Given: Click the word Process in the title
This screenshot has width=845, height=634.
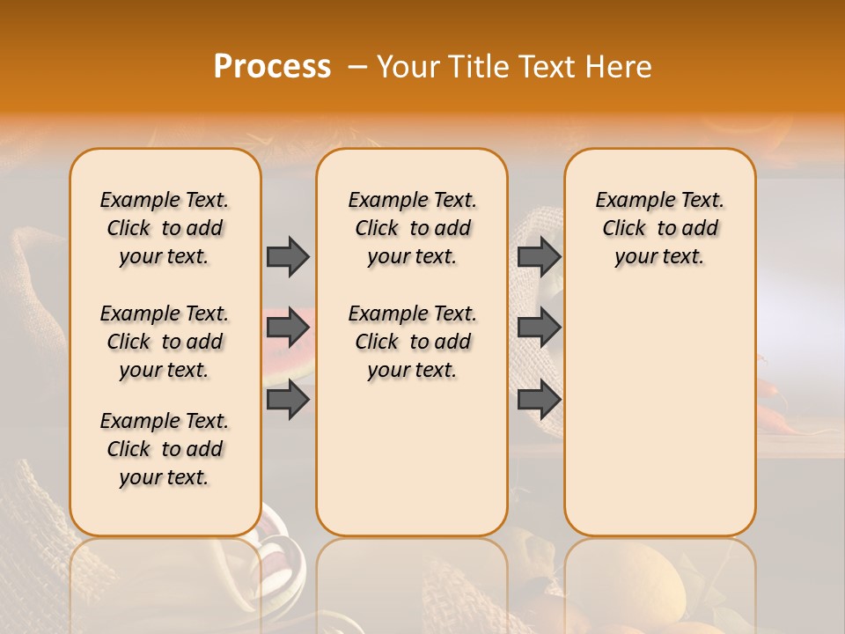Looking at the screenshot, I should (x=272, y=67).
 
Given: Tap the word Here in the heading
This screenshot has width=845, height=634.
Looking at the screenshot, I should (x=620, y=67).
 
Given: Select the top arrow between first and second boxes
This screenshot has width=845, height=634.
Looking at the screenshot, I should (x=288, y=256).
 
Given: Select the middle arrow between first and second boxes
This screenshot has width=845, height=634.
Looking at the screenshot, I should (x=288, y=328).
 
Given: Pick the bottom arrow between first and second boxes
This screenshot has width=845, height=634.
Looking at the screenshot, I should (x=288, y=400).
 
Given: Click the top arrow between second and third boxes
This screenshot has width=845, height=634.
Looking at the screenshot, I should (x=539, y=256).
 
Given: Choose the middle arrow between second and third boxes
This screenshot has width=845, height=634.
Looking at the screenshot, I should (x=539, y=328).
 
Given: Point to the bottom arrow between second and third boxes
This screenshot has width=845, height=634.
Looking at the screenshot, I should (x=539, y=400).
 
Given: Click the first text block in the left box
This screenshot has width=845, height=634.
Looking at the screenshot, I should (x=165, y=228).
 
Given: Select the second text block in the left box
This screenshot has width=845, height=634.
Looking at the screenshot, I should (x=165, y=342).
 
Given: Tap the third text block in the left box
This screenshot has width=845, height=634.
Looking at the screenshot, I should (x=165, y=449).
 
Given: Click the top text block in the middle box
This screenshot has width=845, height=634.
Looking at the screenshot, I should (x=412, y=228).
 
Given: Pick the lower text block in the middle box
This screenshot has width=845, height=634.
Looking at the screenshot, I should (x=412, y=342).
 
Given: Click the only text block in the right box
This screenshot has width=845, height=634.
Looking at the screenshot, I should (x=659, y=228).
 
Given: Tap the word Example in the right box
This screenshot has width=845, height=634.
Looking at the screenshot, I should (x=627, y=201).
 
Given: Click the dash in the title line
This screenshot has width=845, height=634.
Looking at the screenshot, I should (x=357, y=67).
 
